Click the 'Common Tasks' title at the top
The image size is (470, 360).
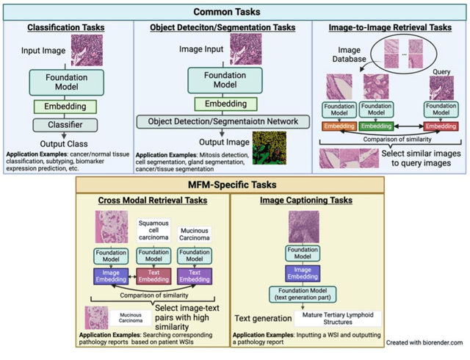(234, 11)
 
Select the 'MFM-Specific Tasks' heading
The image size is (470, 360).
(234, 184)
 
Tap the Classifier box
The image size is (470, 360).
(65, 124)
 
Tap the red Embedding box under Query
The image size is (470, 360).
(441, 126)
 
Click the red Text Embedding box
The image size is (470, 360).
(153, 277)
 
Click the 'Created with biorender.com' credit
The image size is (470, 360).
(425, 342)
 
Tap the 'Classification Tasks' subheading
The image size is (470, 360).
(66, 28)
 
